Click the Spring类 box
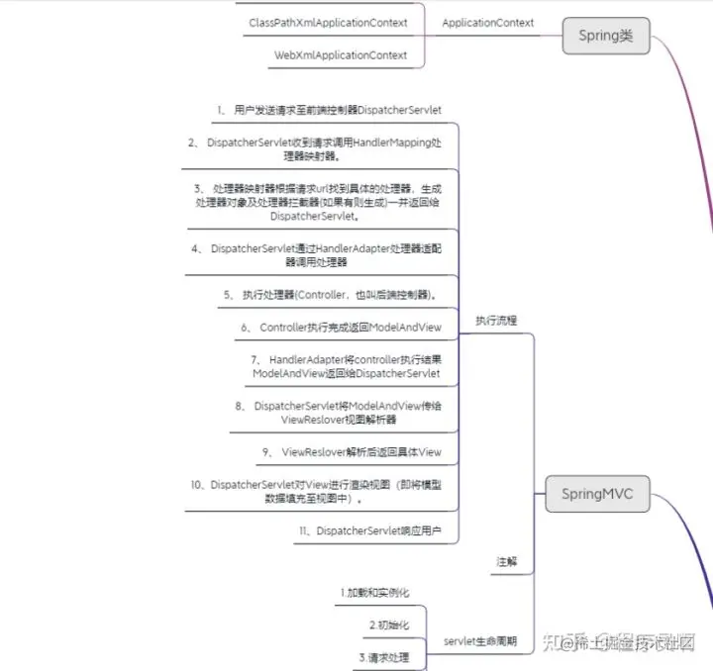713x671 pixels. click(x=606, y=37)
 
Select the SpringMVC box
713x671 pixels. click(x=597, y=493)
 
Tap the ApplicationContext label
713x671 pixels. click(x=487, y=23)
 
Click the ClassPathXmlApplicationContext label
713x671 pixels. click(x=327, y=22)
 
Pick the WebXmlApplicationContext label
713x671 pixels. click(x=341, y=55)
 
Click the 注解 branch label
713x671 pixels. click(x=507, y=561)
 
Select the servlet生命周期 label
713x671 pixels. click(x=480, y=640)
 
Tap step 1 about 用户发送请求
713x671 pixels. click(x=329, y=109)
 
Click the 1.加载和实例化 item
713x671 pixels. click(x=372, y=593)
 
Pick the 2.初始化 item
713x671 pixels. click(x=388, y=625)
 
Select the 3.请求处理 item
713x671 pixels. click(x=382, y=657)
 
